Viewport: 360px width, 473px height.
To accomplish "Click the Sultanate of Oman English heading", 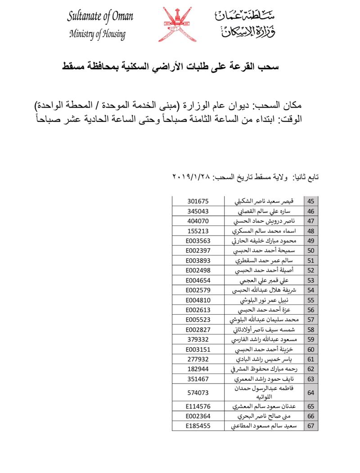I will pyautogui.click(x=100, y=17).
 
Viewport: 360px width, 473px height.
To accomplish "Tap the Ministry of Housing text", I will pyautogui.click(x=97, y=35).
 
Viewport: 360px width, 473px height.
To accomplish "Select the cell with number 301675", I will pyautogui.click(x=198, y=201).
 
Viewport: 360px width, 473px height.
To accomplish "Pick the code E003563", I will pyautogui.click(x=198, y=241).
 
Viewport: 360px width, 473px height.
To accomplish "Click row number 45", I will pyautogui.click(x=310, y=201).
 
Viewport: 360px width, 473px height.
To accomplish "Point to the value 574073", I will pyautogui.click(x=198, y=393).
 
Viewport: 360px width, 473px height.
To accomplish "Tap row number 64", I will pyautogui.click(x=310, y=393).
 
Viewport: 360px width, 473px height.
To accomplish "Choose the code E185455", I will pyautogui.click(x=198, y=426).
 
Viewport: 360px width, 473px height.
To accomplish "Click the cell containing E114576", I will pyautogui.click(x=198, y=406).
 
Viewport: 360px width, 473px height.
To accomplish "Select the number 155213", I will pyautogui.click(x=198, y=231).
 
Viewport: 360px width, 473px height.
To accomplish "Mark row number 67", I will pyautogui.click(x=310, y=426).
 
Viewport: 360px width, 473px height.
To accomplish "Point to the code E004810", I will pyautogui.click(x=198, y=300).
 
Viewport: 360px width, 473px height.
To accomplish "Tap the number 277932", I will pyautogui.click(x=198, y=359).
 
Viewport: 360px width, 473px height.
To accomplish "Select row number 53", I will pyautogui.click(x=310, y=280).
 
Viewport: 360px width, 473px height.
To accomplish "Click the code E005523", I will pyautogui.click(x=198, y=320).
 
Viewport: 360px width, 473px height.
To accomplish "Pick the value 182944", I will pyautogui.click(x=198, y=369).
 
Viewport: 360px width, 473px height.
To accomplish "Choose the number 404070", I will pyautogui.click(x=198, y=221).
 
